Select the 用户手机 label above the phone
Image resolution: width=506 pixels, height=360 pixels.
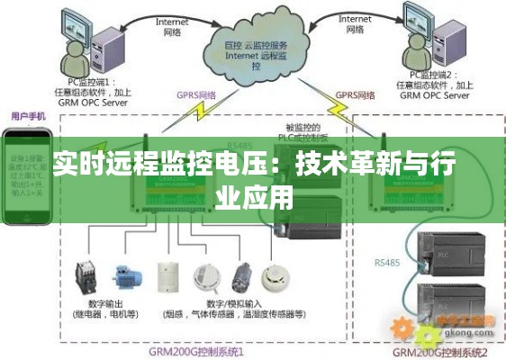(30, 116)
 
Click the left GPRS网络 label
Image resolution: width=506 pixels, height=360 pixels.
(195, 94)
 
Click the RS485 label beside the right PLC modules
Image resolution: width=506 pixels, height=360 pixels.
(388, 262)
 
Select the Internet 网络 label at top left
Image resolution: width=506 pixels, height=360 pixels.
(172, 24)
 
